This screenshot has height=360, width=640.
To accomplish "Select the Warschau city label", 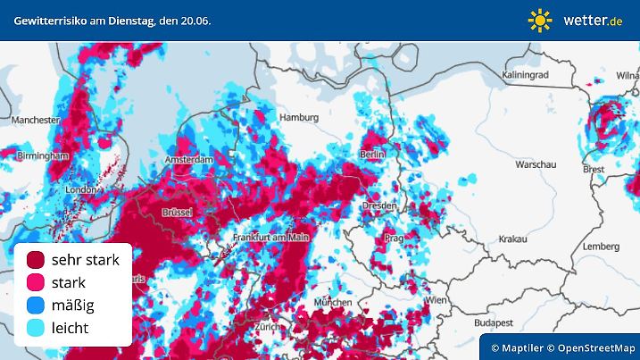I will coord(536,165).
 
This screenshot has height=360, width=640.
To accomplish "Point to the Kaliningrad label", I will coord(531,75).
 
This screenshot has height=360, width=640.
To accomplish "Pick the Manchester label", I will coord(36,119).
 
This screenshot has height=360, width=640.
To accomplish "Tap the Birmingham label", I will coord(43,155).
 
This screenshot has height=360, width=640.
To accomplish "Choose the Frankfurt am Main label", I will coord(270,237).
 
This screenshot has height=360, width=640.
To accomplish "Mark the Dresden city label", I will coord(379,205).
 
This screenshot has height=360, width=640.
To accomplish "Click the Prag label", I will coord(394,239).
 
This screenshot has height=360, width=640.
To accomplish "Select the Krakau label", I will coord(512,239).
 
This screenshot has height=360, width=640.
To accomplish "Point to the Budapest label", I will coord(491,322).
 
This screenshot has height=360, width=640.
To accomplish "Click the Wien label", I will coord(436,302).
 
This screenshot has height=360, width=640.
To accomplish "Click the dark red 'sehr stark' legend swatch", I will coord(36,260).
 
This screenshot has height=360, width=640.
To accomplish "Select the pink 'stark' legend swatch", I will coord(36,283).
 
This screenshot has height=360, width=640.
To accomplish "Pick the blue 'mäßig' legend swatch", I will coord(36,306).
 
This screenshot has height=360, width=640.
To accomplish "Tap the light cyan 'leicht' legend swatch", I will coord(36,329).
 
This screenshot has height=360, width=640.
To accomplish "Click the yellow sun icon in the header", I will coord(539,20).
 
